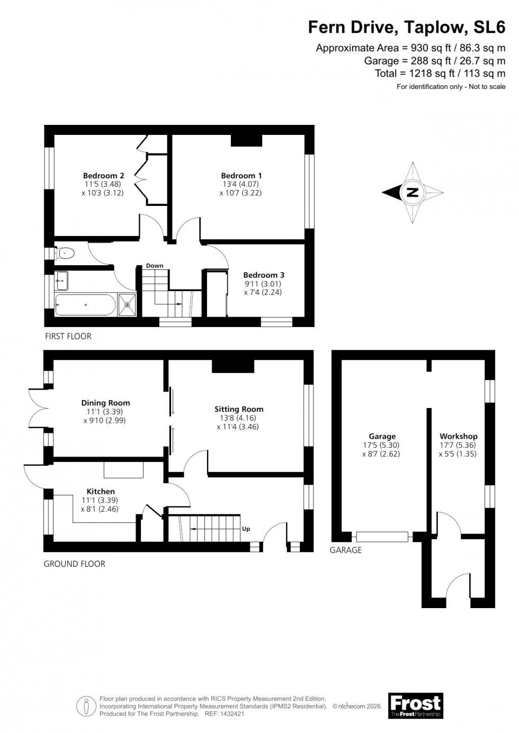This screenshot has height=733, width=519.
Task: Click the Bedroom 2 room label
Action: coord(103,176)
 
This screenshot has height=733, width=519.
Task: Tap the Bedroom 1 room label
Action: coord(241,176)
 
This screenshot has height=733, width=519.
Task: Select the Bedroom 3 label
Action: coord(264,275)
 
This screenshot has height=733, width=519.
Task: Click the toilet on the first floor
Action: coord(64,254)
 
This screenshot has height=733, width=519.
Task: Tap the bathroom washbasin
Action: coord(61,280)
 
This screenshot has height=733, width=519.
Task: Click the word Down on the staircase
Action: coord(155,266)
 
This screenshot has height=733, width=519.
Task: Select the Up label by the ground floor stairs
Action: coord(246,529)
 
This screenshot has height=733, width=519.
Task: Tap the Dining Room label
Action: coord(105,403)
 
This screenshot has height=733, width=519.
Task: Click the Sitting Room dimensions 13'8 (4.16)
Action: coord(238,418)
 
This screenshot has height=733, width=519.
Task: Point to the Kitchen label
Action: coord(101,492)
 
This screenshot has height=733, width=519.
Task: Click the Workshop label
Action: coord(459,437)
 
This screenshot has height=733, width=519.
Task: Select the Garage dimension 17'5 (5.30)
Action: coord(382,445)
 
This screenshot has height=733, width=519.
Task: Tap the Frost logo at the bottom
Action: coord(415,705)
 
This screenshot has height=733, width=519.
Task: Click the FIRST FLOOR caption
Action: coord(68,336)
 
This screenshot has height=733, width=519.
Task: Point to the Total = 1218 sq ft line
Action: coord(440,74)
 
